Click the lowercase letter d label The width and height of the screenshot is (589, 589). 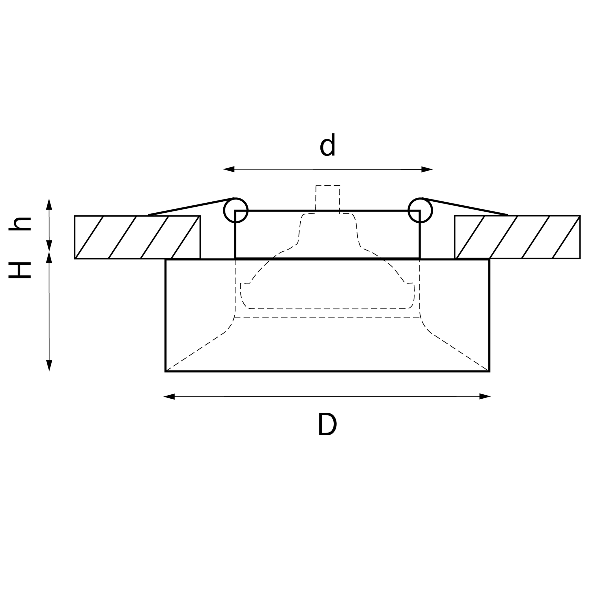pos(327,145)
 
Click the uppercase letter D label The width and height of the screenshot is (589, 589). pos(327,424)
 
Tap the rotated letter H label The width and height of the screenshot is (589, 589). pos(20,270)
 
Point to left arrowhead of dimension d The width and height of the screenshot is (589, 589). pos(229,169)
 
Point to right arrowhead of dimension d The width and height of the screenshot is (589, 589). pos(427,169)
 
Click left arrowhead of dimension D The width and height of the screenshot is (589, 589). pos(169,397)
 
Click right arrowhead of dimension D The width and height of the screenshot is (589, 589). pos(485,396)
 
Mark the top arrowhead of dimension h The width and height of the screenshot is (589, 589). pos(49,204)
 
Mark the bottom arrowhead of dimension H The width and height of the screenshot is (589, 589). pos(49,365)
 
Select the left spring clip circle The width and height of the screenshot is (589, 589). pos(236,210)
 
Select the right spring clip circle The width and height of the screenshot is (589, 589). pos(420,210)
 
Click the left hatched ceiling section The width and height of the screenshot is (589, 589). pos(137,237)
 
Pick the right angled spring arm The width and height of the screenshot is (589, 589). pos(465,207)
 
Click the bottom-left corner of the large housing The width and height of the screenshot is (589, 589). pos(166,371)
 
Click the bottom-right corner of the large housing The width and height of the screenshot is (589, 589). pos(489,371)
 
